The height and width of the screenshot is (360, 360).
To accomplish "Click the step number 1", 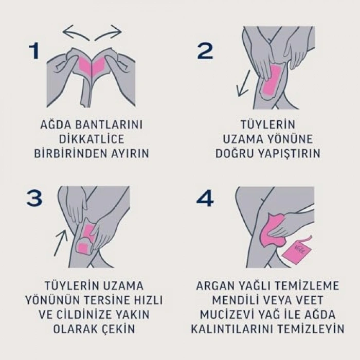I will tap(34, 51).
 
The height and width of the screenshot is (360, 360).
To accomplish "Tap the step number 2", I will tap(205, 51).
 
